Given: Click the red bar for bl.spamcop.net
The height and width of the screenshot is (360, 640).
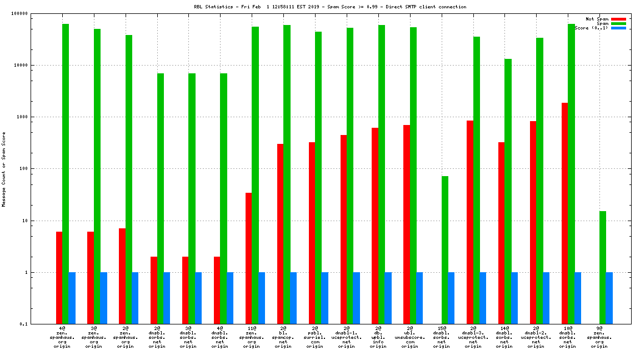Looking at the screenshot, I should click(280, 233).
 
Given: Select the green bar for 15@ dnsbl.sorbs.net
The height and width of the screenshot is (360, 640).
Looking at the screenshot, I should click(445, 250).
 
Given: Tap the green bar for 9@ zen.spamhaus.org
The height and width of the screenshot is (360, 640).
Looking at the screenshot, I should click(603, 267).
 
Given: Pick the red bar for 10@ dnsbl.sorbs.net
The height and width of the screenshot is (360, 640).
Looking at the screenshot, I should click(564, 213).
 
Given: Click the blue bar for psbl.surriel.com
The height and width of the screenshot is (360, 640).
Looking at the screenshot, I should click(324, 298).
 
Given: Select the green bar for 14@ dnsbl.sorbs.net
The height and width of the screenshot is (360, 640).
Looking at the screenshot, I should click(508, 191).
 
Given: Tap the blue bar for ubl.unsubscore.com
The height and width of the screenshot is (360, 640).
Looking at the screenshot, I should click(419, 298).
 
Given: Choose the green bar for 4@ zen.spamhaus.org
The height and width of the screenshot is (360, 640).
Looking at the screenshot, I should click(66, 174).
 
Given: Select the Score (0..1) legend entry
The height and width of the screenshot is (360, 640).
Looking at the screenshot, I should click(592, 28).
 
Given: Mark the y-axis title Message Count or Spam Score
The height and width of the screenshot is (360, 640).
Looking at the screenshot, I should click(3, 169).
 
